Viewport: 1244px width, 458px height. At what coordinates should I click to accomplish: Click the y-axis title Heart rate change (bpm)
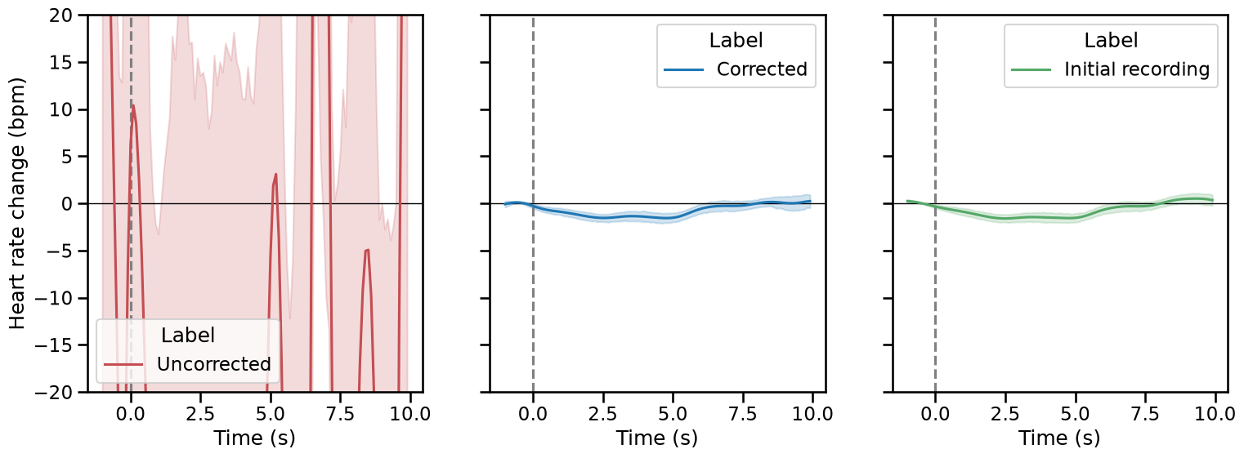point(17,203)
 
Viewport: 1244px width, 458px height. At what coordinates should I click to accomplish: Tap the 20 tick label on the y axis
point(60,16)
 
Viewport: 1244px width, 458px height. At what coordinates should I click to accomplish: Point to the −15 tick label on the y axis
point(54,345)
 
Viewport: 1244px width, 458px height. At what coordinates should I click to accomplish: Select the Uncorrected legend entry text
point(214,364)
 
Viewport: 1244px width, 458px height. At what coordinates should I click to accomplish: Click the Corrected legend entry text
point(762,69)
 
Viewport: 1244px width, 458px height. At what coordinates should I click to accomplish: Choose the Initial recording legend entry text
point(1137,69)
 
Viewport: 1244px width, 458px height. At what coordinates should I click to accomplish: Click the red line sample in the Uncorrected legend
point(124,364)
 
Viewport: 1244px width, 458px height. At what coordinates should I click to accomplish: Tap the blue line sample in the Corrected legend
point(684,70)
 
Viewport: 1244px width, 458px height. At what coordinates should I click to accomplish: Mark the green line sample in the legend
point(1031,70)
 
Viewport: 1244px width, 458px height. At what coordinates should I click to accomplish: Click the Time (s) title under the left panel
point(255,438)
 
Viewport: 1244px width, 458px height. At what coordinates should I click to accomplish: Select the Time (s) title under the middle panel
point(657,438)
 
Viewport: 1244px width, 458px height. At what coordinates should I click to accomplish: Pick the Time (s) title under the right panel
point(1059,438)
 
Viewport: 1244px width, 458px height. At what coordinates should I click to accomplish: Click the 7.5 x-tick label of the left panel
point(341,414)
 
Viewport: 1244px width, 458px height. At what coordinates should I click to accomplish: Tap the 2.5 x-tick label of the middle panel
point(603,414)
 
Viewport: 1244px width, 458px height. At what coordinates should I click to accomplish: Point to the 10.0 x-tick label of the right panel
point(1215,414)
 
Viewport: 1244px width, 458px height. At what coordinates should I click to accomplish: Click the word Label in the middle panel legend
point(736,41)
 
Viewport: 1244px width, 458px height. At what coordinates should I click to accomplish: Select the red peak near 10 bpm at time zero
point(133,106)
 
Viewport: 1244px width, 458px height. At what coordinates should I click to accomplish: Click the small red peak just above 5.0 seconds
point(275,175)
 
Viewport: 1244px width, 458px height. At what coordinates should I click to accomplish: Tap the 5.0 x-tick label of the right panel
point(1076,414)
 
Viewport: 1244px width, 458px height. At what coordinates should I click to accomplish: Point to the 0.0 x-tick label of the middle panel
point(533,414)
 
